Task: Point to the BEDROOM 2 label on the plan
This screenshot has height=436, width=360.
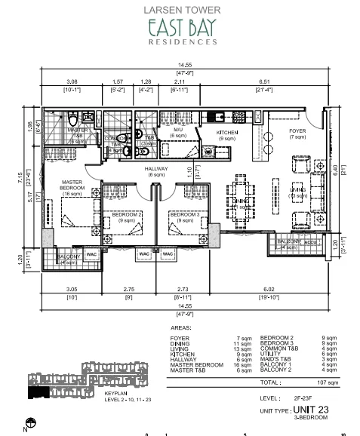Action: (127, 215)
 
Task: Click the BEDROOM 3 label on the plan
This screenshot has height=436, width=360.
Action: (184, 215)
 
